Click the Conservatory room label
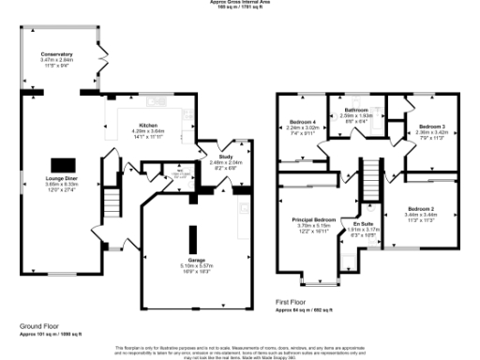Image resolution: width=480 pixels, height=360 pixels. coord(57,55)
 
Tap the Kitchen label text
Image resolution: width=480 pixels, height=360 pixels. coord(147,125)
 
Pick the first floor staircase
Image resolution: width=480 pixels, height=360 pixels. coord(369,174)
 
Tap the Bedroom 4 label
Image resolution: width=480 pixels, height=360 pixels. coord(303,124)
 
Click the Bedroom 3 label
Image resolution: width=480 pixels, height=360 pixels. coord(432,126)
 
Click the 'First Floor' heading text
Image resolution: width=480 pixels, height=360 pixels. coord(292,302)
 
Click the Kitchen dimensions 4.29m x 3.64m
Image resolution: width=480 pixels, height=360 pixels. coord(147,130)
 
